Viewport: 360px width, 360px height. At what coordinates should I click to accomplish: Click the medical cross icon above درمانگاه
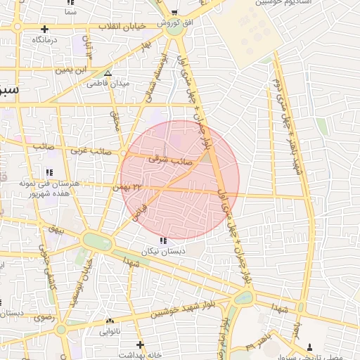(45, 30)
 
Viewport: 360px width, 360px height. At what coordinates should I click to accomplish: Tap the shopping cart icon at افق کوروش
(174, 13)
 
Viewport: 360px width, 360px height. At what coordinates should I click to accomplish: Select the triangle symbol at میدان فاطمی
(108, 73)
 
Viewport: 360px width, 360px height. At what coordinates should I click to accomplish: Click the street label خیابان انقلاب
(125, 26)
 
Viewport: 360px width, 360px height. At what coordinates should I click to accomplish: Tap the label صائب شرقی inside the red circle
(165, 160)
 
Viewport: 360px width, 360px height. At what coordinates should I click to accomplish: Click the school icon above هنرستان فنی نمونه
(49, 172)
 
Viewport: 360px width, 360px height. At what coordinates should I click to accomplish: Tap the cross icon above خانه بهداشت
(140, 345)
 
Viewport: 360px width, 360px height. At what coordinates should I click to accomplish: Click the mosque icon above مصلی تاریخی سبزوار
(310, 347)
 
